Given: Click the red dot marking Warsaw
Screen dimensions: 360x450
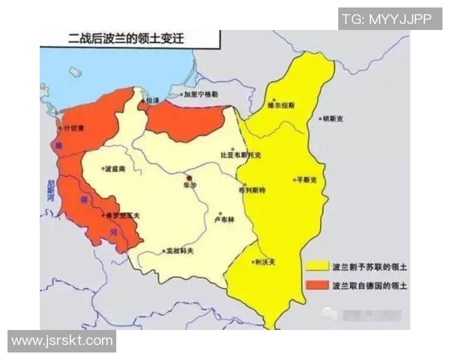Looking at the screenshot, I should point(190,176).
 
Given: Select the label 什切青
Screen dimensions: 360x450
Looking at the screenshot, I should point(75,129).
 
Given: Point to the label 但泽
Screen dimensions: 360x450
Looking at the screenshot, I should point(152,100).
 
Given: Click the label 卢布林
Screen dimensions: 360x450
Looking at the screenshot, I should point(224,220).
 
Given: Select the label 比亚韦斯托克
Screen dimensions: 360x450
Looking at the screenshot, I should point(242,155).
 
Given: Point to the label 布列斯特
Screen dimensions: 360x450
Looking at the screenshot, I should point(251,190).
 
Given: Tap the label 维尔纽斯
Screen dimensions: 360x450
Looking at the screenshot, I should point(283,106).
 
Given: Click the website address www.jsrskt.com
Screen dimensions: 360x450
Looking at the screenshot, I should point(61,340).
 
